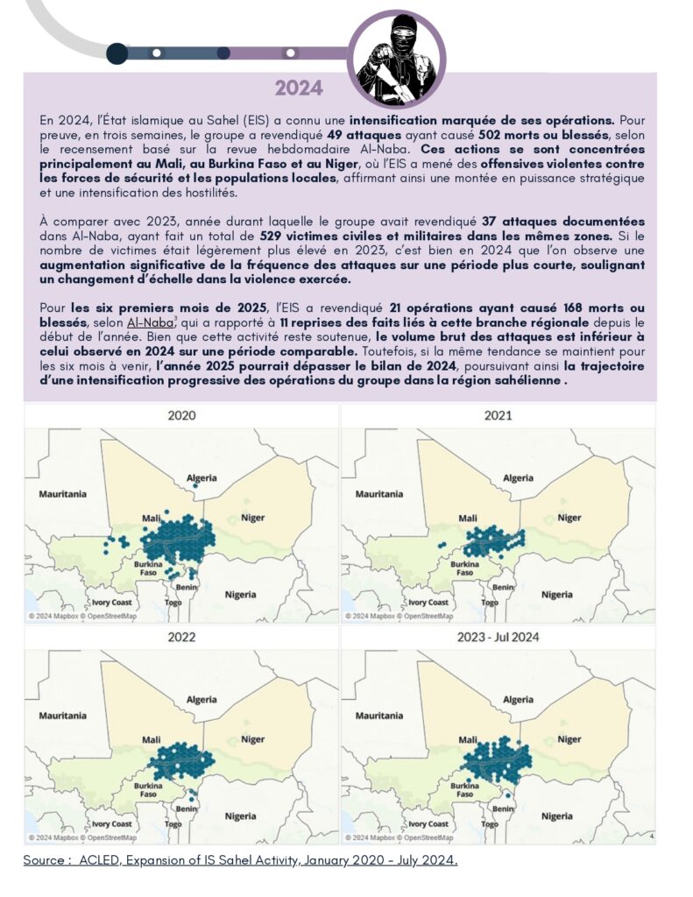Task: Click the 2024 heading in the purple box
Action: [298, 88]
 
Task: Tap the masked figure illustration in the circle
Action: [397, 59]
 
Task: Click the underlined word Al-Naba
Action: [150, 323]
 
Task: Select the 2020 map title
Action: [181, 415]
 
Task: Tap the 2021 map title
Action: [498, 415]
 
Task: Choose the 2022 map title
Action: [181, 638]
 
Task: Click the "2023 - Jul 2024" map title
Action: [498, 638]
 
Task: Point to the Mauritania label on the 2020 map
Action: [62, 494]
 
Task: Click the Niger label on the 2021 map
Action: [569, 518]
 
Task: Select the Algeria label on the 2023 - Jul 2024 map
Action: [519, 700]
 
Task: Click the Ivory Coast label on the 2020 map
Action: [110, 603]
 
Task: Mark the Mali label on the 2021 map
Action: [468, 518]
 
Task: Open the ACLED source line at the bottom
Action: [240, 861]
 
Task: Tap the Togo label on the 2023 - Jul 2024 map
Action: [490, 824]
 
